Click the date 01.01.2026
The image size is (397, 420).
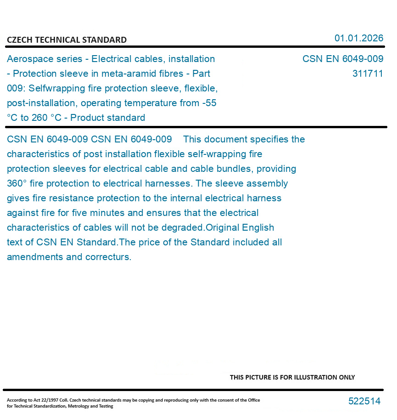[x=358, y=38]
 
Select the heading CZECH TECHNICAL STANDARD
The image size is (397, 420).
[x=67, y=40]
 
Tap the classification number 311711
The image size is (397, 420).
[x=368, y=74]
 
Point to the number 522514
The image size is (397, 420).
[x=364, y=401]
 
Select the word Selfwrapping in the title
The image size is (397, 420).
[x=56, y=88]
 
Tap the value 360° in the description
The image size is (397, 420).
[x=17, y=183]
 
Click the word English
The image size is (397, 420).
[x=258, y=227]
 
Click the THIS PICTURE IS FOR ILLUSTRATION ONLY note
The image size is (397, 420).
[x=292, y=377]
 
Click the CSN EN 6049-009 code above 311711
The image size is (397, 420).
[x=342, y=59]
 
